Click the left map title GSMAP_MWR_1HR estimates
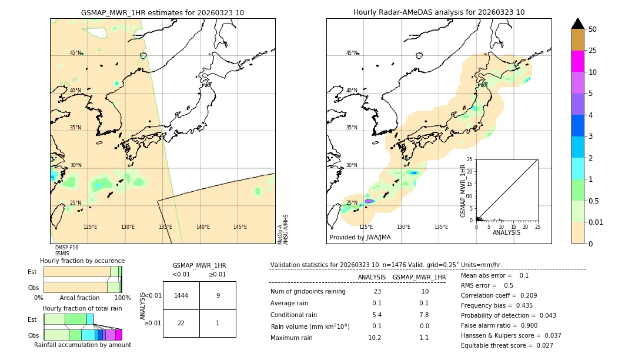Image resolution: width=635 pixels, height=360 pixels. click(x=162, y=12)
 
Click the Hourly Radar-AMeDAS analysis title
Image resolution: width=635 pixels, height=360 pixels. click(x=439, y=12)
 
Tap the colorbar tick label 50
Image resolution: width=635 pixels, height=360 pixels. click(x=593, y=29)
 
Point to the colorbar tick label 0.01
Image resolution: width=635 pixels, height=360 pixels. click(x=596, y=222)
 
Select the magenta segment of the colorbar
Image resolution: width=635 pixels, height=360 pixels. click(x=577, y=61)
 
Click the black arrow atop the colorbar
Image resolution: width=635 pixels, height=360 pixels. click(x=577, y=24)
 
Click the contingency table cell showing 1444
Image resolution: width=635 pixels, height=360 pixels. click(x=181, y=295)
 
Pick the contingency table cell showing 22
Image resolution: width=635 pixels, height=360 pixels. click(x=181, y=323)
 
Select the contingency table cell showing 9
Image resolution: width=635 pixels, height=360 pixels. click(x=218, y=295)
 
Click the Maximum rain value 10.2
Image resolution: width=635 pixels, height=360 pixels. click(x=375, y=338)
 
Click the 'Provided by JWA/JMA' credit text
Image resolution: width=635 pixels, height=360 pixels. click(x=360, y=238)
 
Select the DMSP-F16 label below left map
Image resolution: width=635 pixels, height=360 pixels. click(x=66, y=248)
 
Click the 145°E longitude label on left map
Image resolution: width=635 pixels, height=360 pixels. click(x=240, y=227)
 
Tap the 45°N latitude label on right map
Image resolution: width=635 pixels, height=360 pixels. click(x=352, y=53)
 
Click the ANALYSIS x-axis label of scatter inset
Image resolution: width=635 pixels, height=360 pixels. click(x=506, y=232)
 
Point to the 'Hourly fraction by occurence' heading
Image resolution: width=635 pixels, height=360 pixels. click(x=82, y=261)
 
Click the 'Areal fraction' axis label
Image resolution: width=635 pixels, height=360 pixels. click(x=79, y=298)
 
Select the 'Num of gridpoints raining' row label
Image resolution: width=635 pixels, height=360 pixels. click(x=308, y=291)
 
